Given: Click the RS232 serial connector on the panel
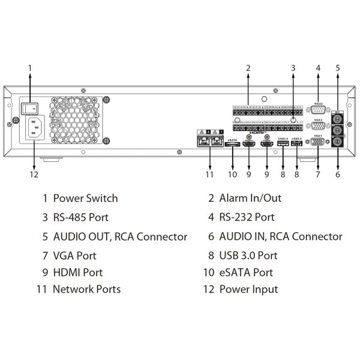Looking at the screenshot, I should pos(317,109).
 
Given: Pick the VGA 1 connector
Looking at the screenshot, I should pos(317,143).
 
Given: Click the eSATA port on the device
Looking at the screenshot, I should pos(233,145).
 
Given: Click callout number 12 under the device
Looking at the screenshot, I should pos(34,175).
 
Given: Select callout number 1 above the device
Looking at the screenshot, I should pos(30,68).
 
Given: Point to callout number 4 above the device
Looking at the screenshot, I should pos(318,68).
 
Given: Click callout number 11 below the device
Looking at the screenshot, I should pos(209,175).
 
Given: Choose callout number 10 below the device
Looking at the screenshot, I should pos(233,175).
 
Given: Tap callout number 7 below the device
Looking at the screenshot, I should pos(318,175).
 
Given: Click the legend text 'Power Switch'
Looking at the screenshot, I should pos(85,198).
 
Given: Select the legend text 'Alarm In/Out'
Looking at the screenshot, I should pos(250,198).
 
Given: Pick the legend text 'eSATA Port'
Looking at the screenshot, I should pos(246,272).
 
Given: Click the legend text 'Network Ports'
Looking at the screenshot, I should pos(86,289).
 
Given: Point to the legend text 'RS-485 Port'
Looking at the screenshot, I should pos(81,217).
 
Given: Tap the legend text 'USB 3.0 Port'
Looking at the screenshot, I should pos(248,256).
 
